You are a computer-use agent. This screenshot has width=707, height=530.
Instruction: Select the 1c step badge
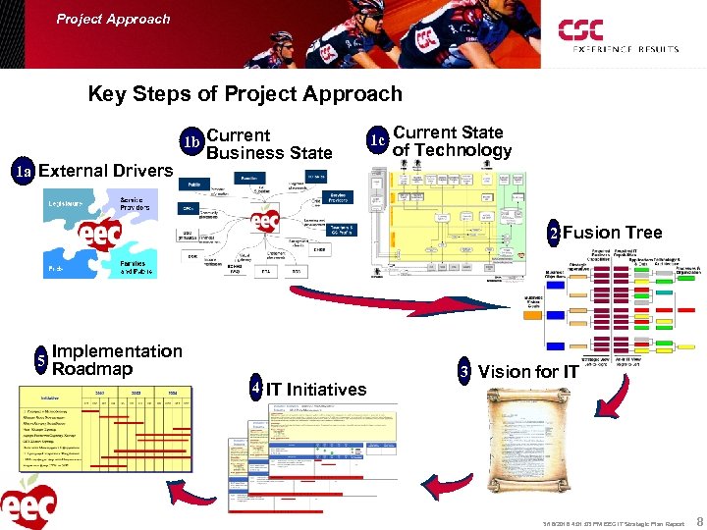(376, 140)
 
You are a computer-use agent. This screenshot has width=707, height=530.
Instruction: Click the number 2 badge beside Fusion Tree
(554, 234)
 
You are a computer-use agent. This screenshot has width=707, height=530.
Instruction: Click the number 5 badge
(40, 359)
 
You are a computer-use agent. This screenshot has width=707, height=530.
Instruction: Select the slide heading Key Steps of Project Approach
(245, 94)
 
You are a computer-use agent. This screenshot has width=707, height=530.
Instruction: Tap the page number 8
(697, 522)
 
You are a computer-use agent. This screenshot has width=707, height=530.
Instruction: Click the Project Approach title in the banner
(113, 19)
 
